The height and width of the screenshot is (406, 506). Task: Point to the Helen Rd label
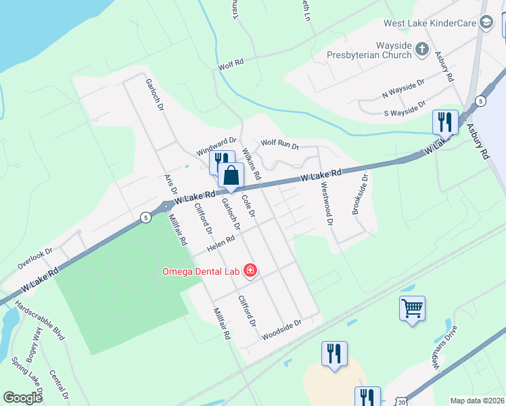coord(221,242)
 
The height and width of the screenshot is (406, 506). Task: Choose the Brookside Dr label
coord(359,194)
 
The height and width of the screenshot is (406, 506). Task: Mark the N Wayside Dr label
coord(403,85)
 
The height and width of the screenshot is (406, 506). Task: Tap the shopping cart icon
coord(412,309)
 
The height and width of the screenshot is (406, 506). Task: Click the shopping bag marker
coord(231,175)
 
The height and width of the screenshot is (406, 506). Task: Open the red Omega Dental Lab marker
coord(250,271)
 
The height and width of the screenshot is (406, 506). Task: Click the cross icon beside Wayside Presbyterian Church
coord(421,49)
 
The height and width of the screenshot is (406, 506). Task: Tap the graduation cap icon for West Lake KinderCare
coord(486,23)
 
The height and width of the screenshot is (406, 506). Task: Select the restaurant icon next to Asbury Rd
coord(444,122)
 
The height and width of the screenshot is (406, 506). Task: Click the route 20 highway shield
coord(402,402)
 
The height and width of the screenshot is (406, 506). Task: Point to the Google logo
coord(22,398)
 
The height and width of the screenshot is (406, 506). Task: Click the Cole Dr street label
coord(248,206)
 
